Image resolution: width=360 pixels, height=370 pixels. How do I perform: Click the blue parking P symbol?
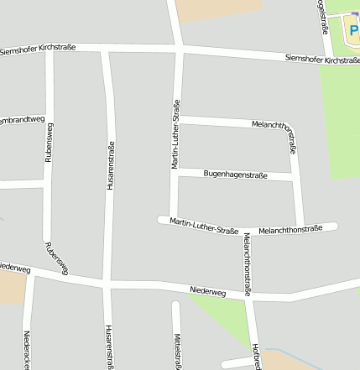(x=353, y=31)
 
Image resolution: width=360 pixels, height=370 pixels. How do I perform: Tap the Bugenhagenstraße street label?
(x=235, y=175)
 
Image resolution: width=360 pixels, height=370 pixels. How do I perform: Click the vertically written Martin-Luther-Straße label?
(x=176, y=134)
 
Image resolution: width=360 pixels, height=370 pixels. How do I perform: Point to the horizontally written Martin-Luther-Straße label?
(x=204, y=225)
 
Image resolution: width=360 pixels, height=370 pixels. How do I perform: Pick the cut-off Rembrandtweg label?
(x=22, y=120)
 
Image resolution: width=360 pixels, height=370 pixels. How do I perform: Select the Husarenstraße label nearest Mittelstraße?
(x=109, y=347)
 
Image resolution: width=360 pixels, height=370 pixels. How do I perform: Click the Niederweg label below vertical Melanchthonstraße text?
(x=208, y=291)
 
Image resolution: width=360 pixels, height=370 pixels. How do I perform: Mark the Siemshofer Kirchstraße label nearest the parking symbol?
(x=322, y=60)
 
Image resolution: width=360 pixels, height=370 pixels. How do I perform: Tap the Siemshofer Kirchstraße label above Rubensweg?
(x=39, y=49)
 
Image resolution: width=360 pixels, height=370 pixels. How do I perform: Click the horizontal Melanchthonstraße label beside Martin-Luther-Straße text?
(x=290, y=229)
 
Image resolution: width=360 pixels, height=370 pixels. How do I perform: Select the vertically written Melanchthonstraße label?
(x=248, y=264)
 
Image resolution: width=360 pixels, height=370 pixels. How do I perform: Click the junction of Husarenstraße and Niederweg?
(x=107, y=284)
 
